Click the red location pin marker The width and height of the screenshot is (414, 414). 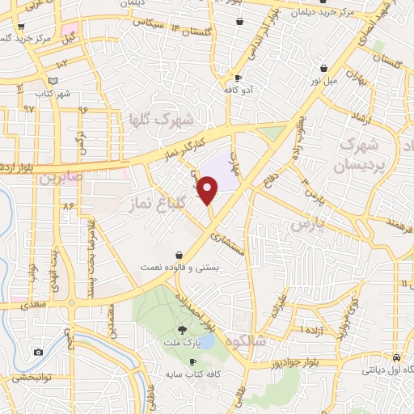pos(209,191)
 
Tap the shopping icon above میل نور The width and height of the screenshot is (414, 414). pos(323,68)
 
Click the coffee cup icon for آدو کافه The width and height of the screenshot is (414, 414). pos(238,78)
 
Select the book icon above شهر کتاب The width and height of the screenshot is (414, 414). pos(53,81)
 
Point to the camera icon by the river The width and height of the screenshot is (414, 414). pos(38,353)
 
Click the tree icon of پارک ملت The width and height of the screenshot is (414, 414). pos(182,329)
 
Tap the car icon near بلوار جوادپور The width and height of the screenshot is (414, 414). pos(396,357)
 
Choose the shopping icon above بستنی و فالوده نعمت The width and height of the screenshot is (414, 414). pos(178,255)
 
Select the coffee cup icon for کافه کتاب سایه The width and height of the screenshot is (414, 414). pos(192,361)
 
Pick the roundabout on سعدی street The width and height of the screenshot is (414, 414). pos(73,304)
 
